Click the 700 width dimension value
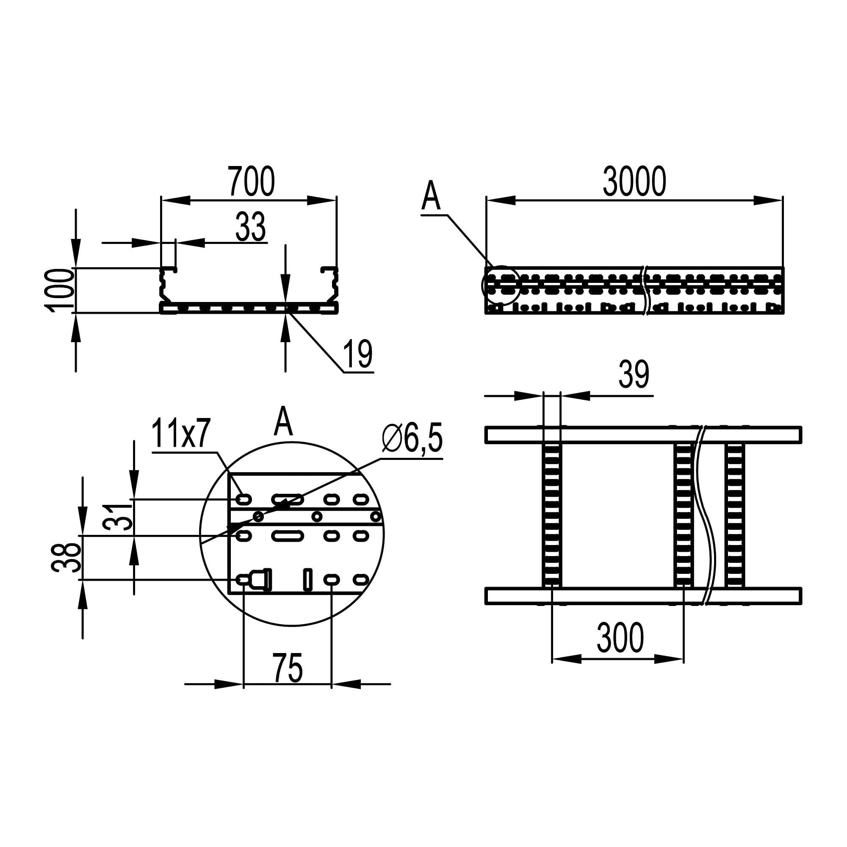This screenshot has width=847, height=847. click(x=251, y=181)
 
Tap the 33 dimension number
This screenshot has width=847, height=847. click(x=251, y=227)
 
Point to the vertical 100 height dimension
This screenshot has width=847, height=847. click(x=60, y=290)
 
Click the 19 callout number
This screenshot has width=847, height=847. click(x=358, y=354)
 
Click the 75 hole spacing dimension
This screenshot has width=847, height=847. click(x=288, y=668)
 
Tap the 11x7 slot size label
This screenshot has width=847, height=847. click(x=182, y=433)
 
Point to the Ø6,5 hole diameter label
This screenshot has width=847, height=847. click(x=412, y=439)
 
